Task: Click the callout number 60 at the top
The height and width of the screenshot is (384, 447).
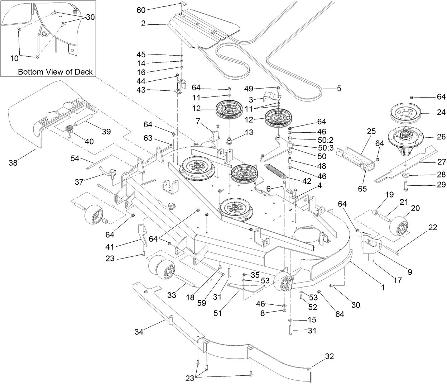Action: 141,10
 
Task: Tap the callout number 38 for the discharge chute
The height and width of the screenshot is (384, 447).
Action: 14,163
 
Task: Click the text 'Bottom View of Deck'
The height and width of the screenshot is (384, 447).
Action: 55,72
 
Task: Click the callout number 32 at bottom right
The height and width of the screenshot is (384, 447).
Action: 329,356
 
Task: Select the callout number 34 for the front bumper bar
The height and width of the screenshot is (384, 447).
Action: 139,332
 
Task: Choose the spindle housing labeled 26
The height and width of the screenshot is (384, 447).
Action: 405,138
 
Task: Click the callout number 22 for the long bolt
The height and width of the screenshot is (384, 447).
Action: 433,227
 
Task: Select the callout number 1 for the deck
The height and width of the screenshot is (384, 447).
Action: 383,287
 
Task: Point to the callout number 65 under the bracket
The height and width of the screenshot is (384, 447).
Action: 362,188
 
